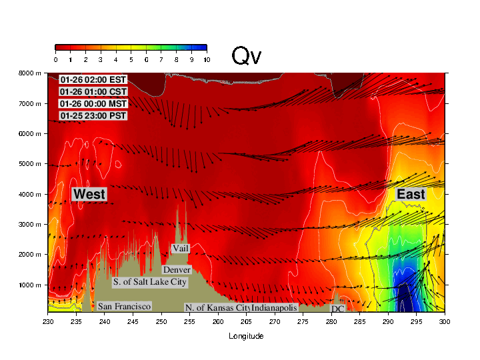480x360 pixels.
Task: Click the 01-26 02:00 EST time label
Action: pos(93,80)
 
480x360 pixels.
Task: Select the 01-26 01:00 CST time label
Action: pos(93,92)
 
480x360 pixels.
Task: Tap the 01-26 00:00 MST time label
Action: pos(93,104)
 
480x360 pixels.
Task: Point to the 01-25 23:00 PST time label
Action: pos(93,116)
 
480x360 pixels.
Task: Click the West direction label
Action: pos(89,194)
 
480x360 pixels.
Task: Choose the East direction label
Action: pos(411,194)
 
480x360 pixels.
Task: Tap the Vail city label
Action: pos(180,249)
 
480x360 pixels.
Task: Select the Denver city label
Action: pos(177,270)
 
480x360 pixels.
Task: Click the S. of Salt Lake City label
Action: pos(150,282)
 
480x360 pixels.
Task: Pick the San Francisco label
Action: pos(124,306)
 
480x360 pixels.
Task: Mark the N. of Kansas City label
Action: pos(217,308)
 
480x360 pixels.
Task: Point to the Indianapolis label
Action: pos(274,308)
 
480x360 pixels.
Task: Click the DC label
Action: pos(337,309)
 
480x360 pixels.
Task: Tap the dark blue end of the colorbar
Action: pos(202,47)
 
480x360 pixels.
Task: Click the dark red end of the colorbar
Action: pos(60,47)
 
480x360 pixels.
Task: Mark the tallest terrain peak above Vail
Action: pos(177,204)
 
